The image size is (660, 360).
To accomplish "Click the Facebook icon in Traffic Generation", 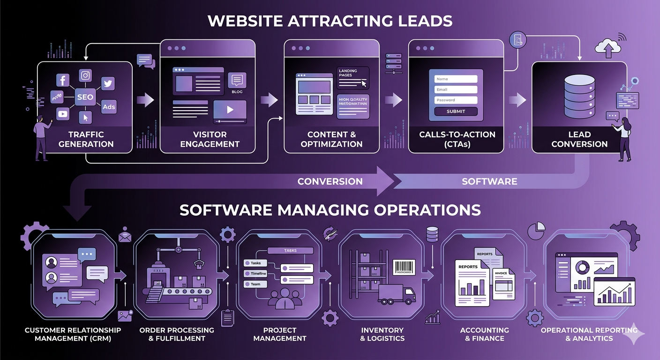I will coord(63,81).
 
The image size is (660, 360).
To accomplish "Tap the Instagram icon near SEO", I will coord(85,75).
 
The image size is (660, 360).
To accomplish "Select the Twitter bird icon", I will coord(108,83).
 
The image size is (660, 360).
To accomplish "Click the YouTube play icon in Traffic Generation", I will coord(63,113).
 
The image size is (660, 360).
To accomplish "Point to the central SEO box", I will coord(85,97).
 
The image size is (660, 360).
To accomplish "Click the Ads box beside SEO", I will coord(109,107).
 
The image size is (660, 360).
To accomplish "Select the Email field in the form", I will coord(456,90).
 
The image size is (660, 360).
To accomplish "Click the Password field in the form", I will coord(456,100).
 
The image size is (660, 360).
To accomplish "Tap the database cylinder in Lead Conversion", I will coord(579,98).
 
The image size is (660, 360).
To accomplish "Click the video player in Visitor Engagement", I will coord(230,111).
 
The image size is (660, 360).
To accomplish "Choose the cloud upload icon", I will coord(607,46).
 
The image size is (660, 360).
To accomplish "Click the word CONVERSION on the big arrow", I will coord(330,181).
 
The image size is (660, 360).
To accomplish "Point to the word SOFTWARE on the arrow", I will coord(489,181).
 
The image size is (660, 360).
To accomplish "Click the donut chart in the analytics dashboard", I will coord(583,267).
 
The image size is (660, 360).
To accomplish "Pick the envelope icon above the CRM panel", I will coord(125,235).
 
